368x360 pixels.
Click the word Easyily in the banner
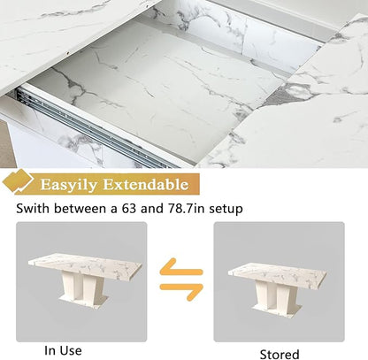pyautogui.click(x=68, y=185)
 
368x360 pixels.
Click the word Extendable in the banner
pyautogui.click(x=146, y=184)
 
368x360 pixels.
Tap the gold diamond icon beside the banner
pyautogui.click(x=17, y=181)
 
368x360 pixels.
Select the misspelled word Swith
pyautogui.click(x=33, y=209)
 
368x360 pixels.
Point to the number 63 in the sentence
pyautogui.click(x=129, y=209)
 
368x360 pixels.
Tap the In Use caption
pyautogui.click(x=63, y=350)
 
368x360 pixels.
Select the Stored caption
pyautogui.click(x=280, y=354)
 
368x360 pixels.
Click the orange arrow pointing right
pyautogui.click(x=181, y=292)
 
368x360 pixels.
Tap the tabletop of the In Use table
pyautogui.click(x=85, y=264)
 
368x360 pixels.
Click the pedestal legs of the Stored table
pyautogui.click(x=277, y=293)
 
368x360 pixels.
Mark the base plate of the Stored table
pyautogui.click(x=277, y=310)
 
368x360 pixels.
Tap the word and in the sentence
pyautogui.click(x=152, y=209)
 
